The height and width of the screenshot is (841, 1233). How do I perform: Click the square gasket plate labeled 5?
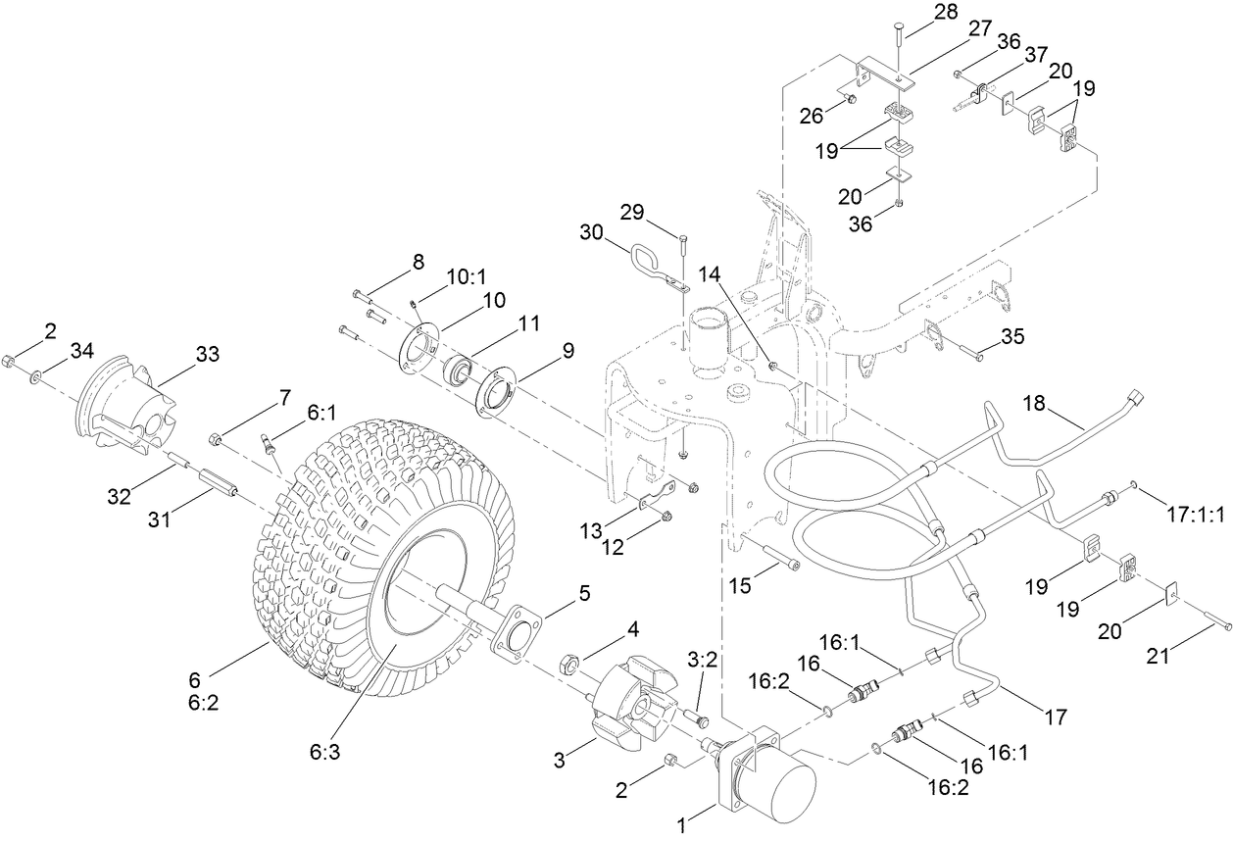click(518, 643)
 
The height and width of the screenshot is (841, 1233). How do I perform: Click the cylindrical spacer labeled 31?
click(221, 483)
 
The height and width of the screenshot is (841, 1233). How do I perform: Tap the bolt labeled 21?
click(1216, 623)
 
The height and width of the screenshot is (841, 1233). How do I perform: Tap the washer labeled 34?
click(35, 375)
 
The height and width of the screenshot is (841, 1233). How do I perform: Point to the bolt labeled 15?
click(771, 555)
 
